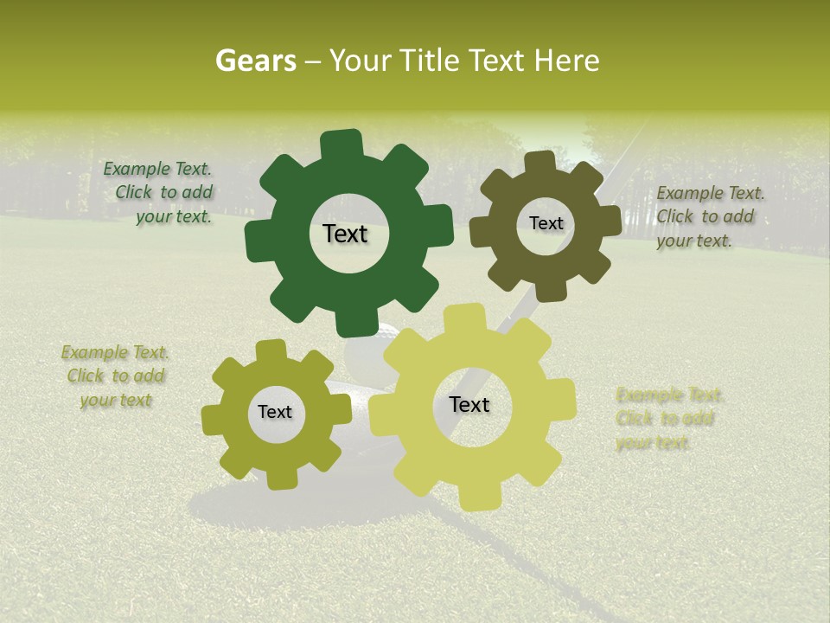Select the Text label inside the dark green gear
pos(345,234)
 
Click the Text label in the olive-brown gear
pos(546,223)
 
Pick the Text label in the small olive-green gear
pos(275,412)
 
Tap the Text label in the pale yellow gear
pos(469,404)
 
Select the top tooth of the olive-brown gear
pos(539,163)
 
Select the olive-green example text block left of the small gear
pos(115,376)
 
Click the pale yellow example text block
pos(667,419)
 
